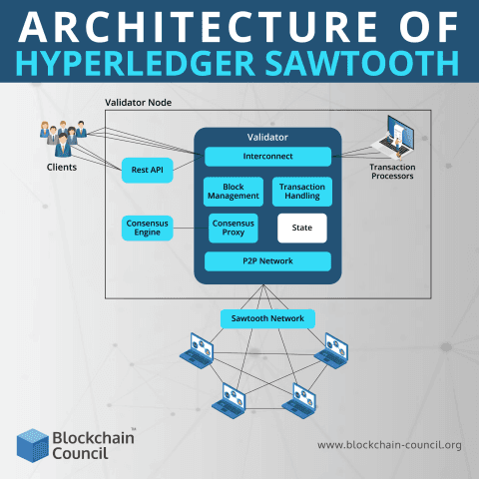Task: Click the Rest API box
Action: click(148, 170)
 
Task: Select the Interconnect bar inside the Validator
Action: click(267, 157)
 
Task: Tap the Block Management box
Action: click(233, 191)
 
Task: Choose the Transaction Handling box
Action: click(301, 191)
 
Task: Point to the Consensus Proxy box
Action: click(233, 228)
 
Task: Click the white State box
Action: click(301, 228)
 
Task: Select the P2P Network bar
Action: click(267, 261)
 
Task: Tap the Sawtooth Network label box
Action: click(267, 318)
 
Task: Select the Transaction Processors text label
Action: click(391, 171)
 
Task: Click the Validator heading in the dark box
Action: click(267, 136)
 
